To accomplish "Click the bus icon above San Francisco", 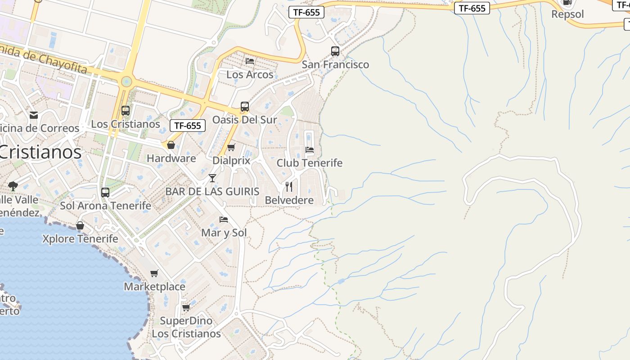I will point(335,51).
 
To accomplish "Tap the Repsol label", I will point(567,14).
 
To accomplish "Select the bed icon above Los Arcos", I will point(250,61).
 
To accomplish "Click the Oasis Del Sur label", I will point(244,120).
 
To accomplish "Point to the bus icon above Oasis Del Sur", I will point(245,107).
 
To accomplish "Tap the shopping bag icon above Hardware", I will point(171,145).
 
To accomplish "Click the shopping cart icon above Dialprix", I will point(231,148).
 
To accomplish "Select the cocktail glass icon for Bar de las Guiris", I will point(212,178).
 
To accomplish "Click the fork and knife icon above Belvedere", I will point(289,186).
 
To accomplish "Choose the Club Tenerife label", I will point(309,163).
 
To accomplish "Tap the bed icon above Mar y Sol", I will point(224,220).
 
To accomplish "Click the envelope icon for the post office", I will point(34,115).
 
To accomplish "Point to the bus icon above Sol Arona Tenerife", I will point(105,193).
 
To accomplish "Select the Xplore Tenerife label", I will point(80,238).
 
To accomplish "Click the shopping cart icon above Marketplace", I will point(154,274).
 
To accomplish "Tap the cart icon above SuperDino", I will point(186,308).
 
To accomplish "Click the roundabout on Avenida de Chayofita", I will point(126,81).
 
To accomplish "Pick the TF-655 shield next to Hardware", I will point(188,126).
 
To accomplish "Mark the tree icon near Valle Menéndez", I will point(13,186).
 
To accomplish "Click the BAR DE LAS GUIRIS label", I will point(212,191).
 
